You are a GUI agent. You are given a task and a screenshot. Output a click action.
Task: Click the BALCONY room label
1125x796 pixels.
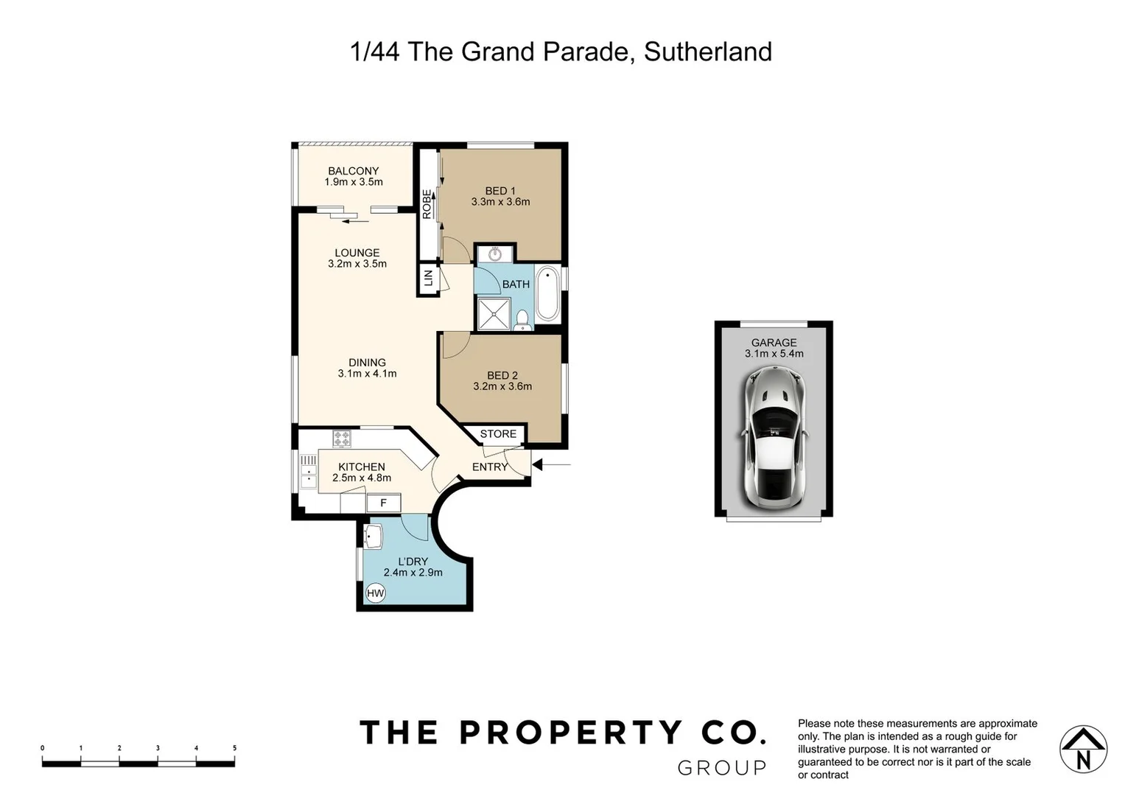pyautogui.click(x=353, y=171)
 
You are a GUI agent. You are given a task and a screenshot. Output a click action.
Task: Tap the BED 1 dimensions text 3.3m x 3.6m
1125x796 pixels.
pyautogui.click(x=500, y=202)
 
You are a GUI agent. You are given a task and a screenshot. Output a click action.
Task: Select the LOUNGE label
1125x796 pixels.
pyautogui.click(x=357, y=253)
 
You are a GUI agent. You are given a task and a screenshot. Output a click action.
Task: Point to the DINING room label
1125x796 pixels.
pyautogui.click(x=367, y=363)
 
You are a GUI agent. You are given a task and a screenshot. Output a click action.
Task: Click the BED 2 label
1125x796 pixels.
pyautogui.click(x=502, y=375)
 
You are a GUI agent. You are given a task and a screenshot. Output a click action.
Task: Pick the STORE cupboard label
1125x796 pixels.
pyautogui.click(x=498, y=434)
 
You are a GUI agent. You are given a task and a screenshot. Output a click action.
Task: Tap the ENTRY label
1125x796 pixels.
pyautogui.click(x=490, y=467)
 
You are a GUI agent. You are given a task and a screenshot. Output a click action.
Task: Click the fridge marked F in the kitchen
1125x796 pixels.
pyautogui.click(x=383, y=503)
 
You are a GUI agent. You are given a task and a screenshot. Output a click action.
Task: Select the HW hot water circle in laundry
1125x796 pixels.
pyautogui.click(x=375, y=593)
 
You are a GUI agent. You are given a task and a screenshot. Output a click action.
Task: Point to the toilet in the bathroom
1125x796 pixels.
pyautogui.click(x=522, y=320)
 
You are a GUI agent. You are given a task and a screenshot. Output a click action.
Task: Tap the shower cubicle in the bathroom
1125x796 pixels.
pyautogui.click(x=494, y=313)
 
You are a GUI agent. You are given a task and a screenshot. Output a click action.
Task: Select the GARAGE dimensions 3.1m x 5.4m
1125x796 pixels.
pyautogui.click(x=774, y=354)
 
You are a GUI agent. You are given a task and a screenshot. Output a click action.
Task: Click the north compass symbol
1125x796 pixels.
pyautogui.click(x=1083, y=750)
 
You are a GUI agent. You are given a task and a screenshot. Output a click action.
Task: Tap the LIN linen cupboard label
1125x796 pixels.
pyautogui.click(x=427, y=279)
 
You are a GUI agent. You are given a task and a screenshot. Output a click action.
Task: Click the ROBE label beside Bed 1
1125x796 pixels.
pyautogui.click(x=427, y=204)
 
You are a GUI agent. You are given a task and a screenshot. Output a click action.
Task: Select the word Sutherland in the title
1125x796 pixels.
pyautogui.click(x=707, y=52)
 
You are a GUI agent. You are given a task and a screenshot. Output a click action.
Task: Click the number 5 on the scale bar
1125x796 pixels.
pyautogui.click(x=234, y=748)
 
